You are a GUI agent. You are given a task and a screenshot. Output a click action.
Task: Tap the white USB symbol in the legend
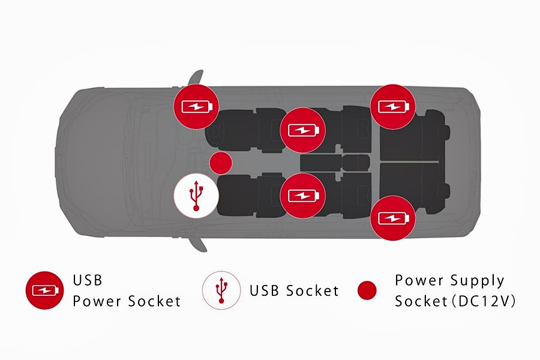[222, 290]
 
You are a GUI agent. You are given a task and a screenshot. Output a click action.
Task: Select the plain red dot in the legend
[366, 290]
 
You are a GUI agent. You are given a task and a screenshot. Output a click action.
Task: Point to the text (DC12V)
[486, 301]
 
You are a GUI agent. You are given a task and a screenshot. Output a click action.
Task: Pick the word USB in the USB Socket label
[266, 291]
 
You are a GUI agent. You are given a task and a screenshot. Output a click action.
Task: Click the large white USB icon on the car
[196, 196]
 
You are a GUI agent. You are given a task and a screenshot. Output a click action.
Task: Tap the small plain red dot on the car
[221, 163]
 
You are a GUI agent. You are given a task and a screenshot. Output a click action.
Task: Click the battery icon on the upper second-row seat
[302, 130]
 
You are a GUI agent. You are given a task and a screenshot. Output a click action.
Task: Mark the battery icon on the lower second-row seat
[302, 196]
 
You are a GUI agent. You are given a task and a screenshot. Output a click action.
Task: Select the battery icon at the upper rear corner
[392, 107]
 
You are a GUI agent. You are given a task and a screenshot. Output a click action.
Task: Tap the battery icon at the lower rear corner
[392, 217]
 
